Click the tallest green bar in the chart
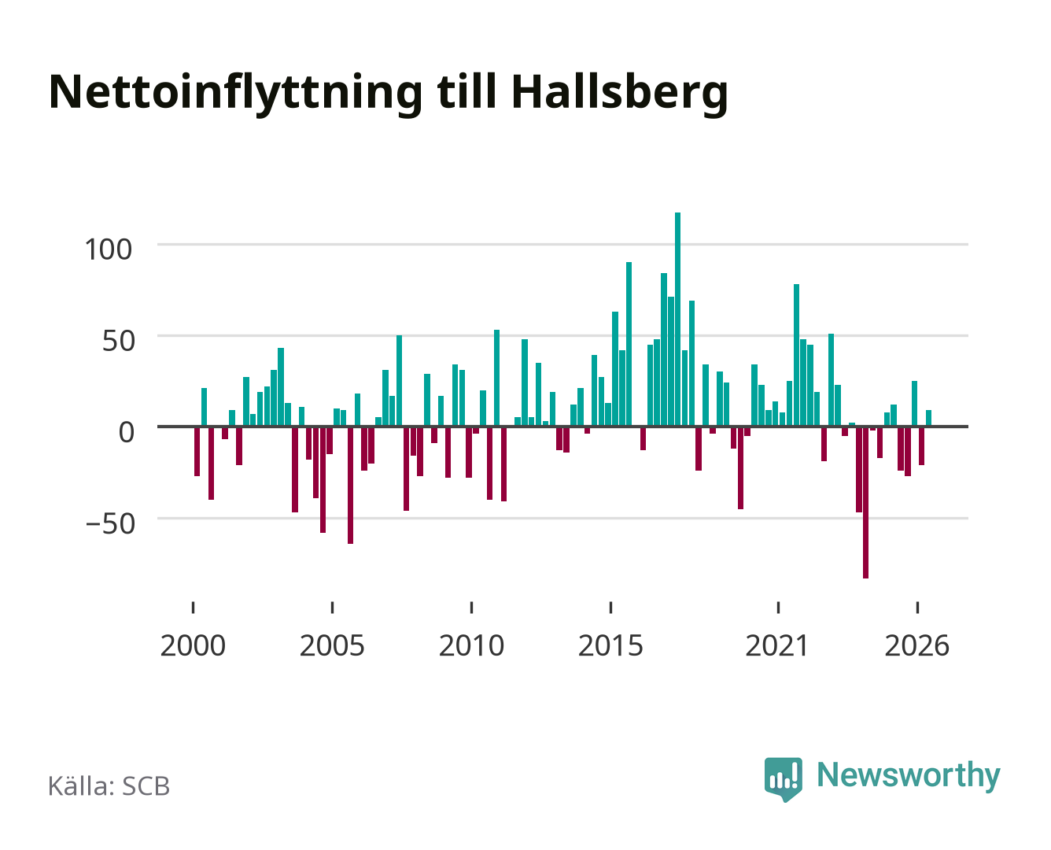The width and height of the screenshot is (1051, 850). point(677,319)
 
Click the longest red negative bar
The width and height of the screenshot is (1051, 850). point(865,502)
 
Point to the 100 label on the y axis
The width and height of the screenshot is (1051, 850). point(109,249)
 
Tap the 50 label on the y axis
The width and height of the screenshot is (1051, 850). point(119,341)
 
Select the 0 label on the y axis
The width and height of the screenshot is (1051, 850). point(127,432)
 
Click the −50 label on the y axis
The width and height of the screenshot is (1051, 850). point(110,523)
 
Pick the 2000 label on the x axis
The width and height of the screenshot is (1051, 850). point(193,645)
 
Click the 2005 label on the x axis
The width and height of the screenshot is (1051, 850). point(332,645)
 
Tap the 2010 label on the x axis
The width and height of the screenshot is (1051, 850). point(472,645)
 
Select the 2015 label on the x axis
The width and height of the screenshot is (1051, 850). point(611,645)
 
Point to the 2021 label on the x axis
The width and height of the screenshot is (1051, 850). point(778,645)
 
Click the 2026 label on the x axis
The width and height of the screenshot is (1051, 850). point(917,645)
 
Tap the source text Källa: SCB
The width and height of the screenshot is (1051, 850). point(109,785)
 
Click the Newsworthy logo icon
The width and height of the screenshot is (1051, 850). point(783,779)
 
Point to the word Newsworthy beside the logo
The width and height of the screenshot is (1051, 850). point(909,776)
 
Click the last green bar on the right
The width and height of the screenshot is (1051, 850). point(928,418)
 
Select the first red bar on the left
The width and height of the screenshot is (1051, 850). point(197,451)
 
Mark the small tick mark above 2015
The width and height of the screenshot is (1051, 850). point(611,607)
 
